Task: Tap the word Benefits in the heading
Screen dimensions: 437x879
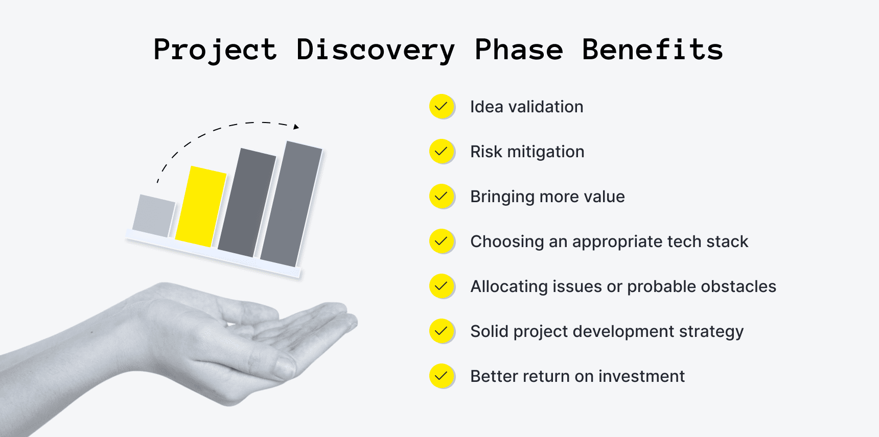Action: click(652, 50)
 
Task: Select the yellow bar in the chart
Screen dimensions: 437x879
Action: click(201, 206)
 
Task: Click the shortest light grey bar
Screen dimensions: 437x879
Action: click(153, 216)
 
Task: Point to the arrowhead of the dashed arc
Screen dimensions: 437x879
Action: click(296, 126)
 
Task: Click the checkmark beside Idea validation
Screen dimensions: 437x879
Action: click(441, 106)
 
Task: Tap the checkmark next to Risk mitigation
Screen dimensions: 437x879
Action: click(441, 151)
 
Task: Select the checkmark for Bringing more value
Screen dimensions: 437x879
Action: click(441, 196)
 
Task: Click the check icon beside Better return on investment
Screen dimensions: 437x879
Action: click(441, 376)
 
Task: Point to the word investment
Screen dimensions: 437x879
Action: click(641, 376)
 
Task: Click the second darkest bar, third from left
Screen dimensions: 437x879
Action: click(247, 203)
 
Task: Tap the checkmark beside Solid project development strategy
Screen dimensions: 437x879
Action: click(441, 331)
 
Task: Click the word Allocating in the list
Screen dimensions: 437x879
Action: click(508, 286)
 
